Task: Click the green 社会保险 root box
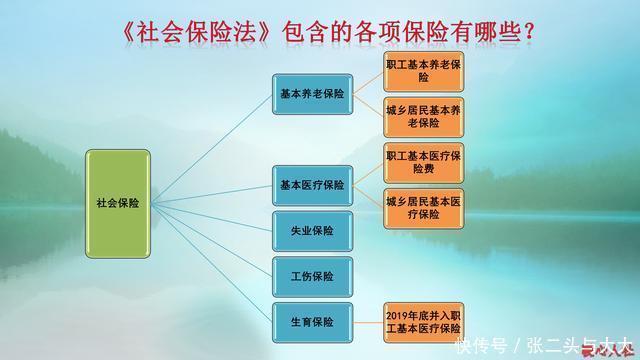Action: click(118, 202)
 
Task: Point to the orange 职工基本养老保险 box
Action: click(424, 69)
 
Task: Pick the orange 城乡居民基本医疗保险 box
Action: click(424, 207)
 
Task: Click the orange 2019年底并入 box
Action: click(424, 321)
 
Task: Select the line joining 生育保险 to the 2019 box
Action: click(364, 321)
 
